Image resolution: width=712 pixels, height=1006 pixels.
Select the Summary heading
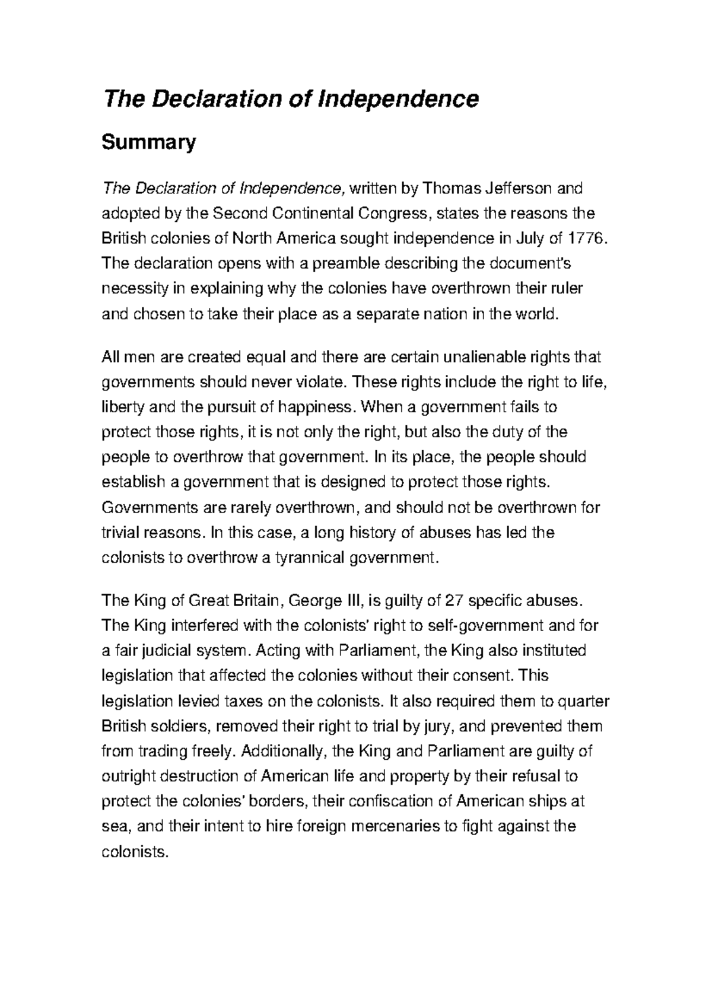(x=148, y=144)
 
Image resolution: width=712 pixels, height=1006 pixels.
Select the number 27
(x=453, y=601)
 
